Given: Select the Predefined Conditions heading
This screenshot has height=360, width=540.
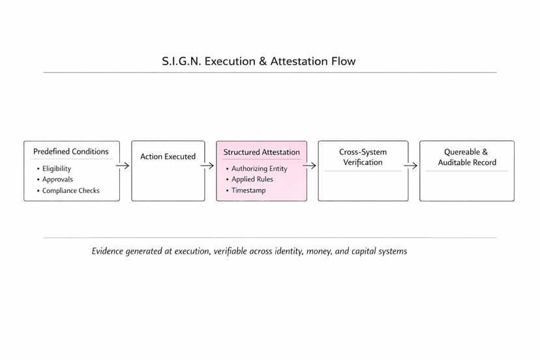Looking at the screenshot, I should tap(71, 151).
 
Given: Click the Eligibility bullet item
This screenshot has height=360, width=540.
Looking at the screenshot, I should tap(57, 168).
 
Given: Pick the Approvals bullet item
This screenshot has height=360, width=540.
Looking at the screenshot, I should tap(57, 179).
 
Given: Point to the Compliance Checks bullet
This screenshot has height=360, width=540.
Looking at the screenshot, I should tap(71, 191).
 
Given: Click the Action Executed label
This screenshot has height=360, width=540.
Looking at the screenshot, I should tap(168, 157).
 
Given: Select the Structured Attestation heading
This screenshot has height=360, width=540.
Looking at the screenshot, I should tap(262, 152).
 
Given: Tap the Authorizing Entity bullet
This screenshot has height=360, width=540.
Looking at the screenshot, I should tap(259, 168).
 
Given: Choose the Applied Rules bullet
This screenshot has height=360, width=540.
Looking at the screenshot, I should tap(252, 179).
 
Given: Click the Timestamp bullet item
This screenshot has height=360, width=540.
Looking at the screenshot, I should tap(248, 190).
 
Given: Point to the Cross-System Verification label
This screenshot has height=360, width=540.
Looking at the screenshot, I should tap(363, 157).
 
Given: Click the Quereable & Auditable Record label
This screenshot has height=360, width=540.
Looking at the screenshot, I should tap(467, 157).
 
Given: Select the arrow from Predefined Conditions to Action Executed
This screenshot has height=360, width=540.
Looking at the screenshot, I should tap(123, 166).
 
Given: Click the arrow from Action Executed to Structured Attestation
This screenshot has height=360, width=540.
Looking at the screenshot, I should tap(207, 166).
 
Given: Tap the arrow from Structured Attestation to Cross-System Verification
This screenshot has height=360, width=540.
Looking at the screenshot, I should tap(310, 166).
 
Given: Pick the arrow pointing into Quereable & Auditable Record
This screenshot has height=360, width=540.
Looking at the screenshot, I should tap(411, 166).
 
